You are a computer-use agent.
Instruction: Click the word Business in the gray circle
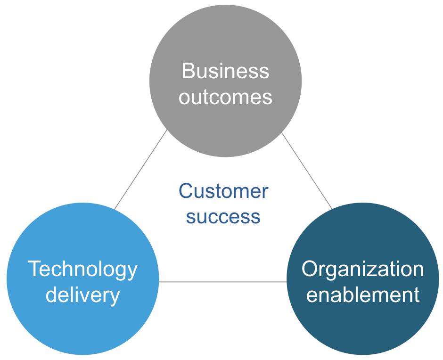[225, 72]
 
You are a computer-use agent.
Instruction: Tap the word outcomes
[225, 97]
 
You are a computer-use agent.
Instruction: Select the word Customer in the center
[223, 192]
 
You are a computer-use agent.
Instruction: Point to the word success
[223, 217]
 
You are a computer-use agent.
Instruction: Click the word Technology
[83, 270]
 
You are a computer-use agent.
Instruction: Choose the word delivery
[83, 295]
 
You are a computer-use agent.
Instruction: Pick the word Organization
[362, 270]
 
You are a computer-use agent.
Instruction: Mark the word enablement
[362, 295]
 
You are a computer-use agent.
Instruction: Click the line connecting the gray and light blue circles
[140, 170]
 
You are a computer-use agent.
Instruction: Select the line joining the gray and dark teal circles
[307, 171]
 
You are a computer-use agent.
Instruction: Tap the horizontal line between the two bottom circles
[222, 282]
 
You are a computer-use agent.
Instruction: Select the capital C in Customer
[187, 191]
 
